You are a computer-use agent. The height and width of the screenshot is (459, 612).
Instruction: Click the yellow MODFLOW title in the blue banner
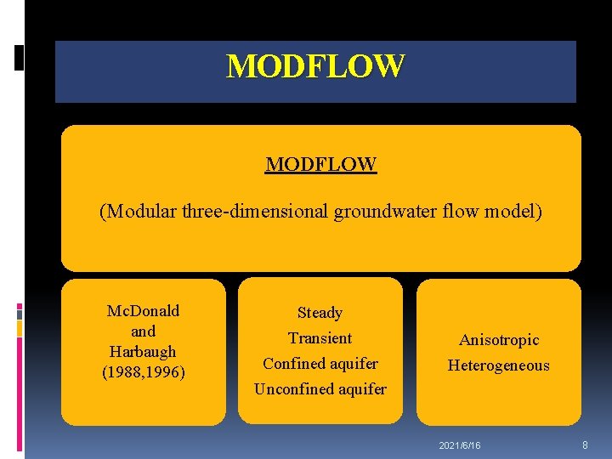point(315,66)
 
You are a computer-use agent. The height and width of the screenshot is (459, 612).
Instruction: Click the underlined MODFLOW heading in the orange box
point(320,163)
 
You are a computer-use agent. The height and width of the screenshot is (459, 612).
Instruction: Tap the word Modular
point(139,211)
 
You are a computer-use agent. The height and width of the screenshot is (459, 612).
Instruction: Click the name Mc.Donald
point(143,311)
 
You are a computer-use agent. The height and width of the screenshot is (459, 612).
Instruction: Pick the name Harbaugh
point(143,351)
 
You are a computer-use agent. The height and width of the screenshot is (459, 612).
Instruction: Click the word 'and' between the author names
point(143,331)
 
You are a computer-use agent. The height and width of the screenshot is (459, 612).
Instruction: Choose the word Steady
point(320,313)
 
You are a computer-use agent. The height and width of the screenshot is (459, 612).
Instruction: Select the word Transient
point(320,338)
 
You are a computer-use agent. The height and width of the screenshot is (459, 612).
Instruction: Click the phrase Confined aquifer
point(320,364)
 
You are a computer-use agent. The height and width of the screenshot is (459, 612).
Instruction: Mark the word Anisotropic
point(499,340)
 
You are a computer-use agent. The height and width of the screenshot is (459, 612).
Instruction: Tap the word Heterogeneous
point(499,365)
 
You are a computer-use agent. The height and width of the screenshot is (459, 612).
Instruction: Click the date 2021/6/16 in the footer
point(460,445)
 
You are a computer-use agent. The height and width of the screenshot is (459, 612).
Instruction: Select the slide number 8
point(586,445)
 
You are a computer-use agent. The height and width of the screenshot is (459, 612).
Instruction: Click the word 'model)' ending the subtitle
point(513,211)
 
